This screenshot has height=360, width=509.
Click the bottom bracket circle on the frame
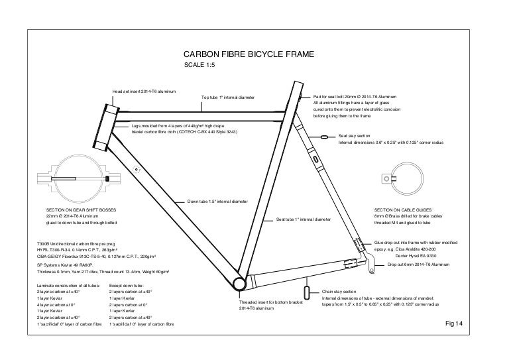(x=239, y=283)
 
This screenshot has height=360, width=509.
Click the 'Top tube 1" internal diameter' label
(x=227, y=99)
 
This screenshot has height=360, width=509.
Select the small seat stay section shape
(x=325, y=136)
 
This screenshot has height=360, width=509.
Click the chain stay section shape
(x=307, y=293)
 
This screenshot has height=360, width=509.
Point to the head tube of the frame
(x=105, y=127)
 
